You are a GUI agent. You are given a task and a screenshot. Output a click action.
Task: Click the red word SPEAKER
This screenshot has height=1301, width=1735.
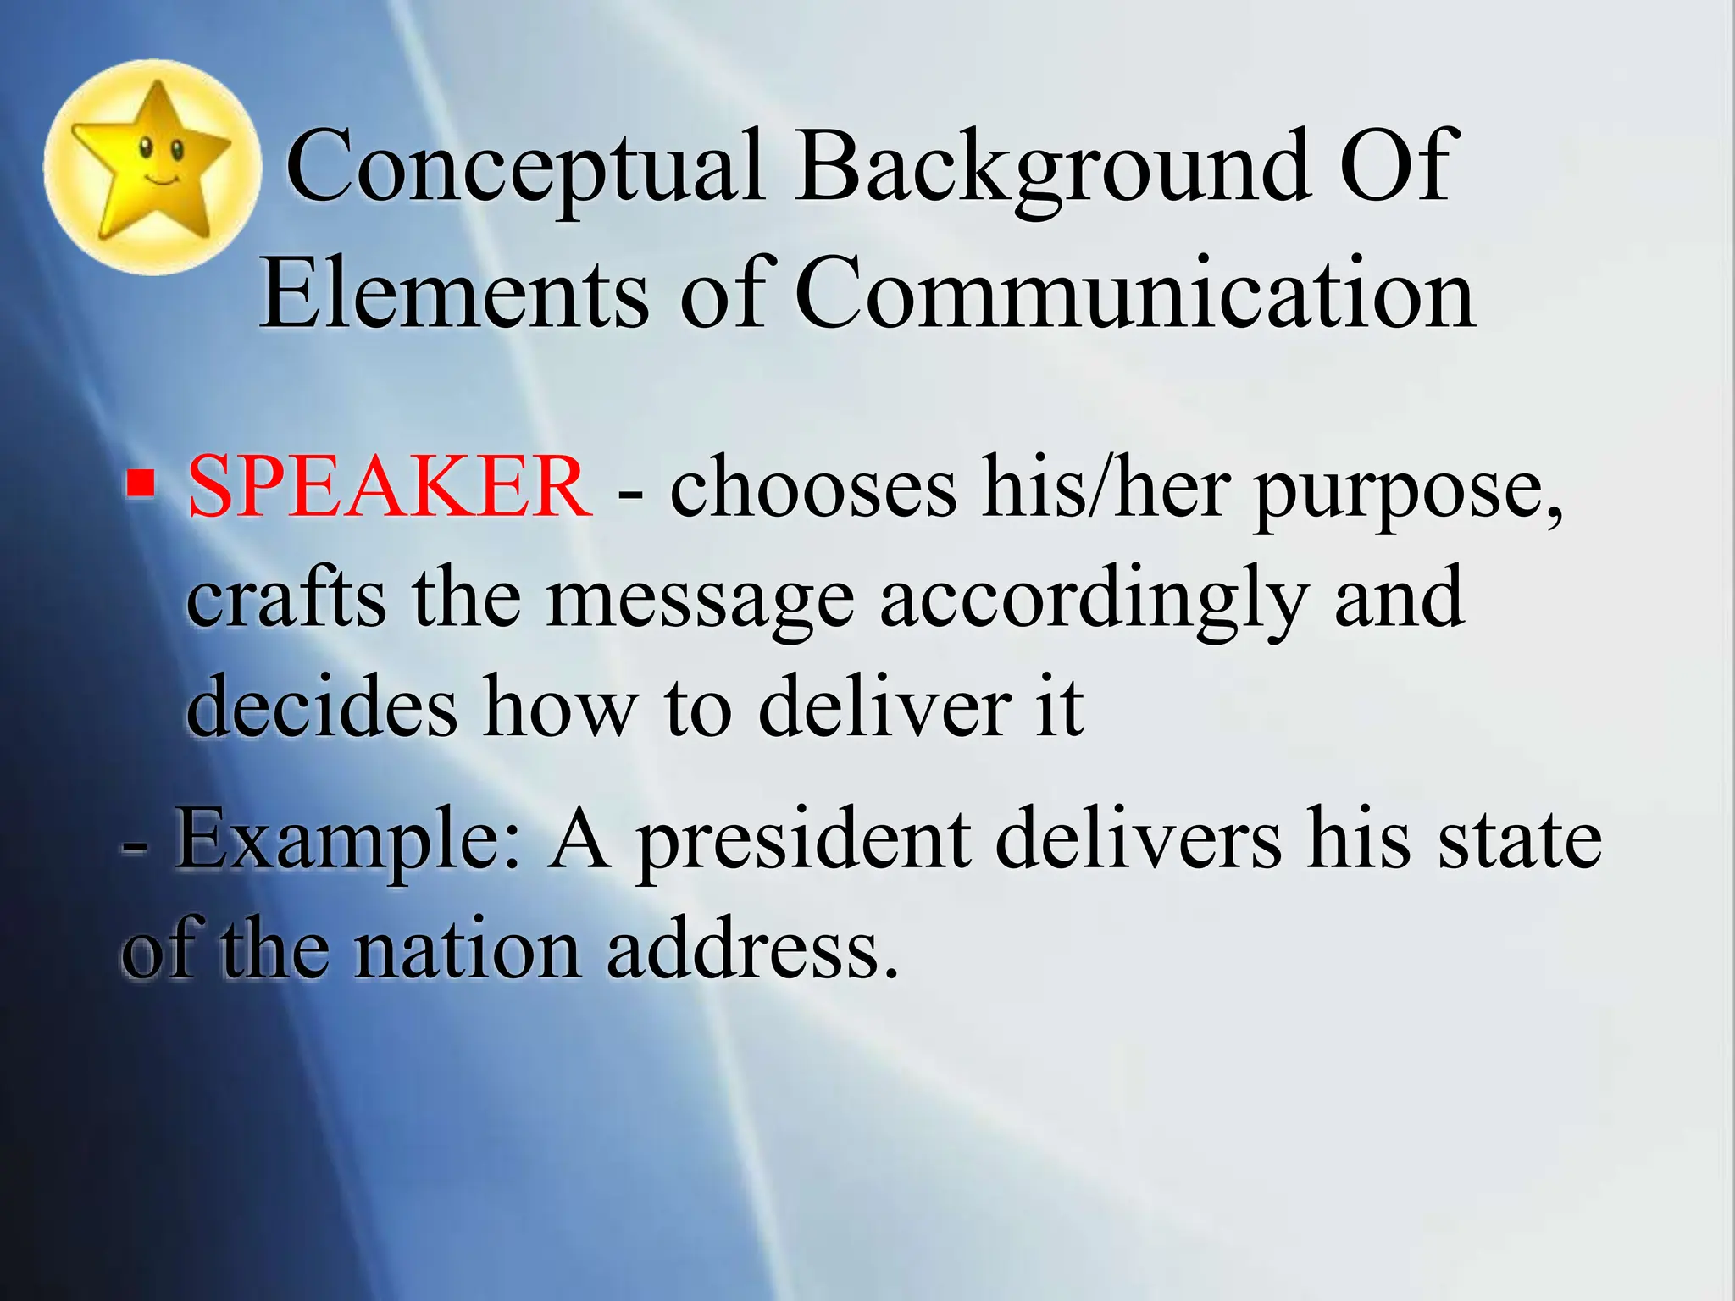(x=389, y=487)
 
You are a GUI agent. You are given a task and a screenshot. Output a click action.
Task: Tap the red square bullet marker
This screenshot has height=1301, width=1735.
(x=141, y=484)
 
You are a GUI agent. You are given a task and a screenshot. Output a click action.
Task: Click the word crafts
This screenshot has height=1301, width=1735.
(x=285, y=597)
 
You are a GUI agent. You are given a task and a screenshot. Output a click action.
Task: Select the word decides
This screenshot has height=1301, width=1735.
(x=321, y=706)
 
